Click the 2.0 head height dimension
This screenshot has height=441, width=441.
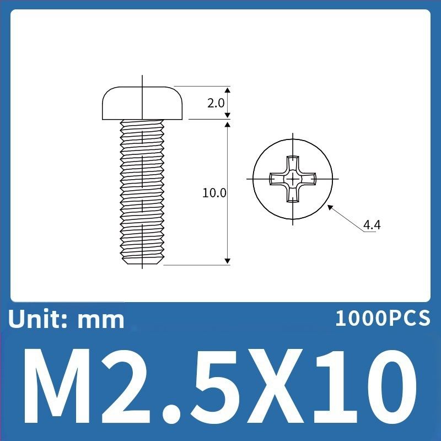pos(216,103)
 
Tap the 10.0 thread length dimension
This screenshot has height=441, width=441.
pos(214,193)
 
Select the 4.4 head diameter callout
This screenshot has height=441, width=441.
pos(372,225)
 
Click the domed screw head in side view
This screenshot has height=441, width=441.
pos(142,103)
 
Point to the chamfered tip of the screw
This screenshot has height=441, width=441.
pos(142,261)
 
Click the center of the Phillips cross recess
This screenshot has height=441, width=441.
pos(293,179)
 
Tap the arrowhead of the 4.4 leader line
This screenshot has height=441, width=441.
pos(330,207)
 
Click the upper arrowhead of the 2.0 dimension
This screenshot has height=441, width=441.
pos(228,90)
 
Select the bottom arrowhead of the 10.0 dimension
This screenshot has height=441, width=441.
pos(228,261)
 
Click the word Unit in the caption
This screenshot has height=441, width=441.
pos(35,319)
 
